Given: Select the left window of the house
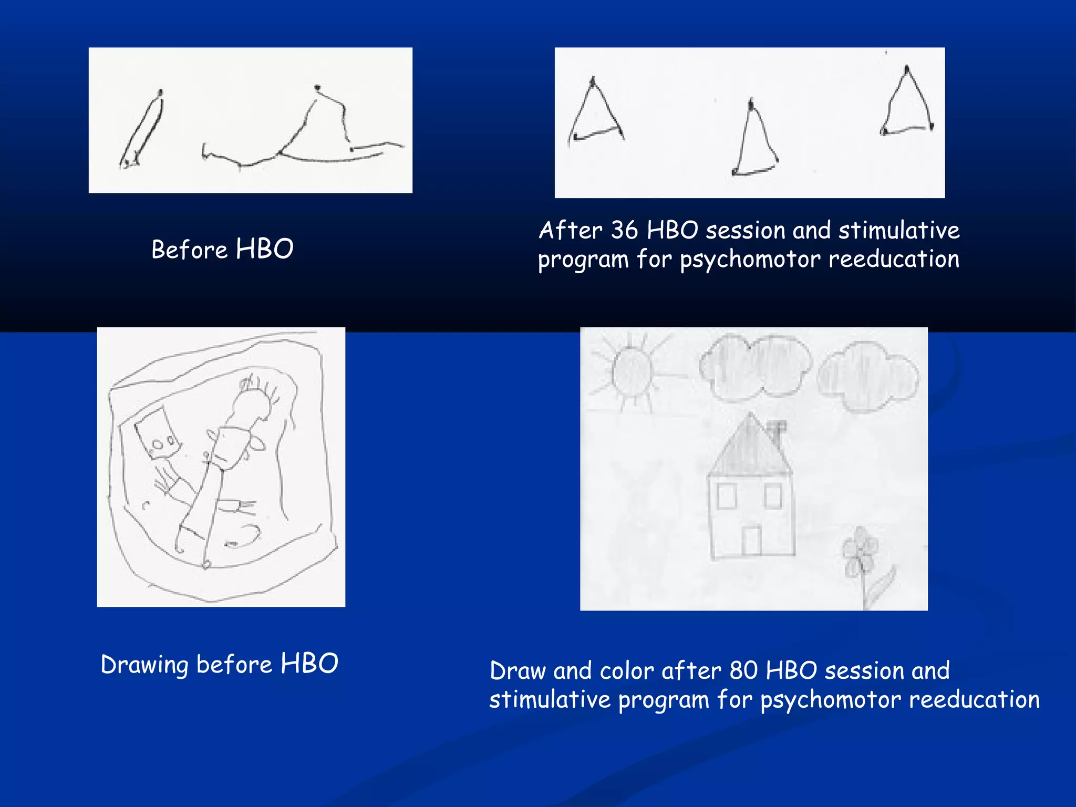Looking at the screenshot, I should point(727,495).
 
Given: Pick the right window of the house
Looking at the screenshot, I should point(773,495).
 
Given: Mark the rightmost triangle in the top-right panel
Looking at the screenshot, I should point(906,105).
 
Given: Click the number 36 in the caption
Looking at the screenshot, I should point(624,231).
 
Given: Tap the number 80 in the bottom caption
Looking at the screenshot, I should point(743,671).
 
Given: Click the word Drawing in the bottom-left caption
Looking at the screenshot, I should point(144,665).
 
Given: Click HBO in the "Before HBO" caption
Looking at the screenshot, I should point(264,249).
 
